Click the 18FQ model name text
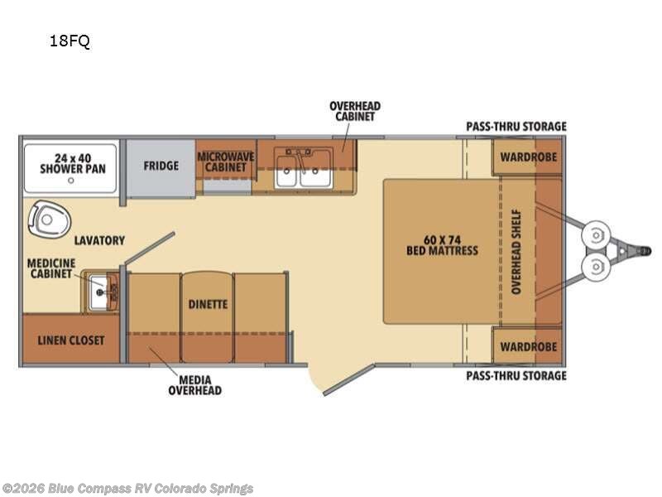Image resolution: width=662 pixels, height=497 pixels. [x=70, y=41]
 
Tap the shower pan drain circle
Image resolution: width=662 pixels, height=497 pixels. [x=71, y=181]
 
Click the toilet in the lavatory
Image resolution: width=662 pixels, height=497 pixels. [x=49, y=220]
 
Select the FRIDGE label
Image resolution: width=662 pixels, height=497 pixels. [x=161, y=166]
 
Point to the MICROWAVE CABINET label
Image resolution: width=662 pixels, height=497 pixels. [x=226, y=162]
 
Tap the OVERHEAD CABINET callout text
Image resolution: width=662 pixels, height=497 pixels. [x=355, y=111]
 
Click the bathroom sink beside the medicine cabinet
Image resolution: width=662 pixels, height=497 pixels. [x=100, y=292]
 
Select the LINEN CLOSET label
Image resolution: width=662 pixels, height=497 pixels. [x=71, y=340]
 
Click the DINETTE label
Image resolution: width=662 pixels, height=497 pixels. [x=208, y=304]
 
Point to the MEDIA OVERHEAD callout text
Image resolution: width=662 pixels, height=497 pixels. [x=194, y=385]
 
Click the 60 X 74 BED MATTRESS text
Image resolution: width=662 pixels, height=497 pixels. [x=442, y=245]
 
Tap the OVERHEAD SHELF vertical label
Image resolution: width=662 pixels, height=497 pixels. [x=516, y=252]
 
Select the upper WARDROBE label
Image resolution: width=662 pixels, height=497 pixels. [x=528, y=157]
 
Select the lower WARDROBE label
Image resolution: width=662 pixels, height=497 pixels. [x=528, y=347]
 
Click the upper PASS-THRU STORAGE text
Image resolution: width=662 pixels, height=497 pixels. [x=516, y=127]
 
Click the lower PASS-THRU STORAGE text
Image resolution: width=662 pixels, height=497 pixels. [x=516, y=376]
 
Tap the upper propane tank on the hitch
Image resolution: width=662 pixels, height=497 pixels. [x=595, y=235]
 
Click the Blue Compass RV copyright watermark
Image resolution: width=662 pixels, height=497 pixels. [x=127, y=489]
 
